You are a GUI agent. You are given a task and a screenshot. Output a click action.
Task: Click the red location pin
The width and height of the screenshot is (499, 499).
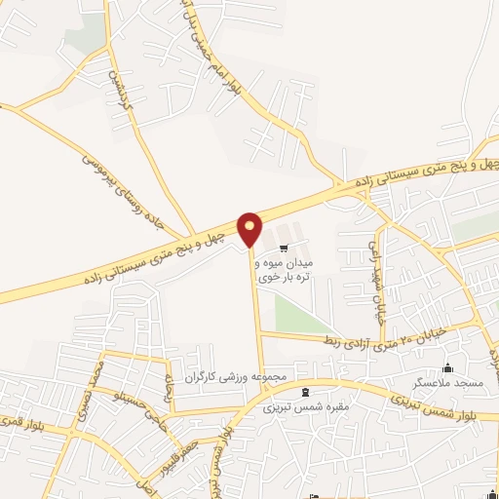tap(250, 229)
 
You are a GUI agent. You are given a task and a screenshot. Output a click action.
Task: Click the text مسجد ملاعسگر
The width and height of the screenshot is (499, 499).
tap(447, 384)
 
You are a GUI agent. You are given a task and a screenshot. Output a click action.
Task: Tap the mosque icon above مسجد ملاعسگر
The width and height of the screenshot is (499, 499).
tap(447, 368)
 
